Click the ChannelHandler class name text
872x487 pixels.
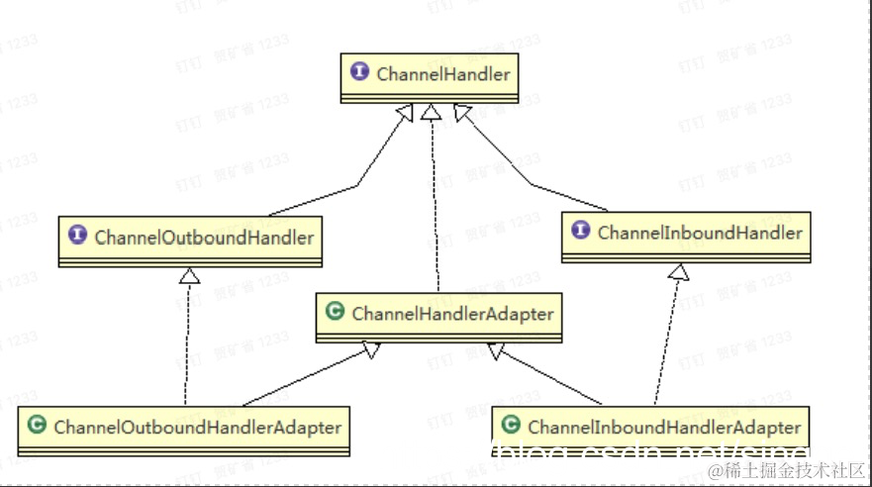(443, 74)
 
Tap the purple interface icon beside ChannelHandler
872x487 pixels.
(359, 73)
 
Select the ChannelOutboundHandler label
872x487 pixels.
(204, 238)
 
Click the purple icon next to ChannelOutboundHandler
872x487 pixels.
(78, 237)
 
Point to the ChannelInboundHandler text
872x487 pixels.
(700, 234)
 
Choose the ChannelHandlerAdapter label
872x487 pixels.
(452, 314)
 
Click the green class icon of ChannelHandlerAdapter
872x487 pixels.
(335, 313)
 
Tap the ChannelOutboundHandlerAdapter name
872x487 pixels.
(197, 428)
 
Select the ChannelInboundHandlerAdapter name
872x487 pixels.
(664, 428)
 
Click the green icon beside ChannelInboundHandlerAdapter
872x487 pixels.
(511, 427)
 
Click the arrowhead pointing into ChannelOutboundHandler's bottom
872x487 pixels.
(189, 276)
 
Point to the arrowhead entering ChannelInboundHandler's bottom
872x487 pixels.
(678, 271)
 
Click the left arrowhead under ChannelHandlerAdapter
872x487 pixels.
(371, 349)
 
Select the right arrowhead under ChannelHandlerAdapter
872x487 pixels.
(495, 349)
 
